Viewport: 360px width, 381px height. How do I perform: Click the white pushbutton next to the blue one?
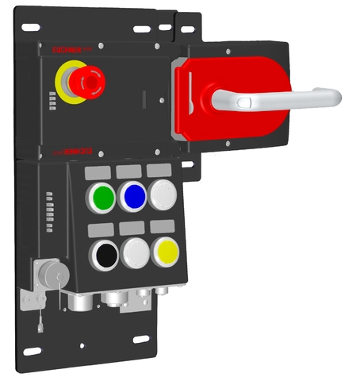coord(163,194)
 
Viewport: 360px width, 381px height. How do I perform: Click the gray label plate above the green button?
coord(101,171)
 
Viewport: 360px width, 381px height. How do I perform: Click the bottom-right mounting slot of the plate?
coord(142,341)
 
